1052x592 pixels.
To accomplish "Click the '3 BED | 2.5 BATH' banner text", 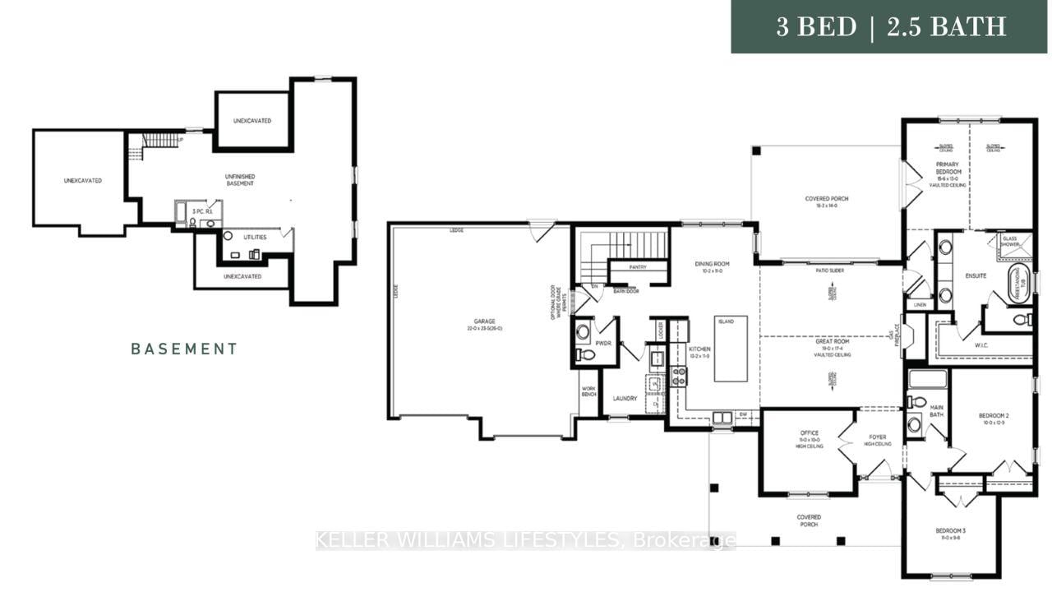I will click(x=891, y=27).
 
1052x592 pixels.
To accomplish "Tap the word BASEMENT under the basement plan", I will click(x=185, y=349).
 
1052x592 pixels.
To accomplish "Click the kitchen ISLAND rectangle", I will click(x=731, y=348).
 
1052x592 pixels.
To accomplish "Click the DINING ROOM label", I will click(x=712, y=264).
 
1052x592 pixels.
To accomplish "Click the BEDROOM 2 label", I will click(x=993, y=416).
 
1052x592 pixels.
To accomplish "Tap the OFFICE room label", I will click(x=809, y=433).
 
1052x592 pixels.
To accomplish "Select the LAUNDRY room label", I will click(x=625, y=399).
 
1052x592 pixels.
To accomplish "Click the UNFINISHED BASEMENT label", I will click(x=239, y=179).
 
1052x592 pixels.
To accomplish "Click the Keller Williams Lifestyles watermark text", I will click(x=526, y=540).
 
